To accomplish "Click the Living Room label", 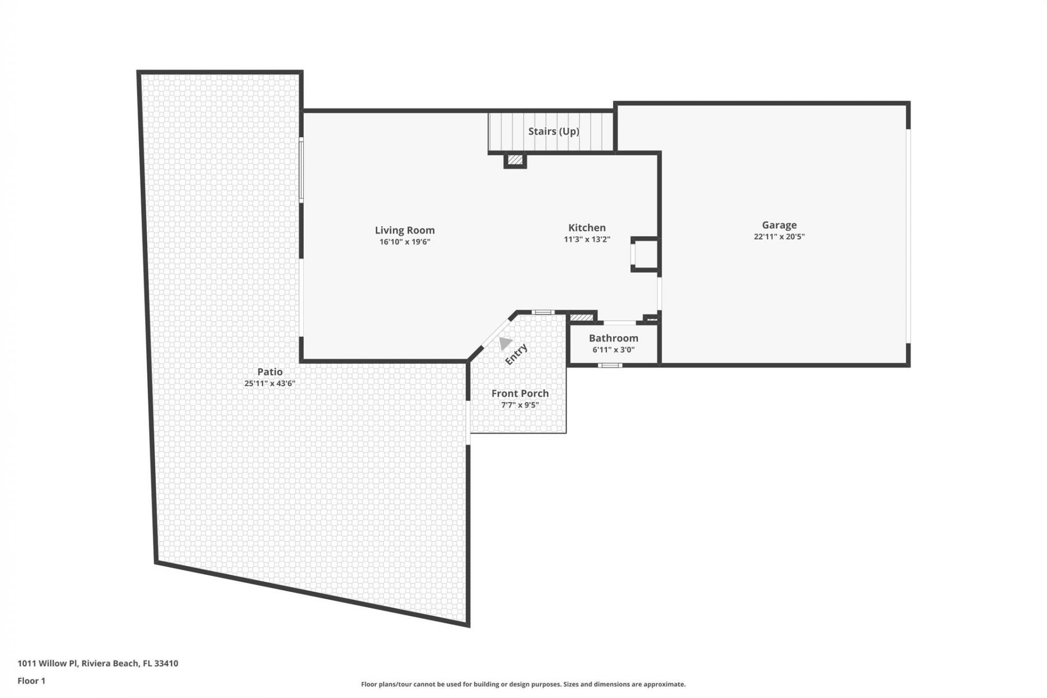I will point(405,230).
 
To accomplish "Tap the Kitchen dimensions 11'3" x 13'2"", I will point(587,239).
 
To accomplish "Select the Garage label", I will point(779,225).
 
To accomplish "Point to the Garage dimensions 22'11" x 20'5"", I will point(779,237).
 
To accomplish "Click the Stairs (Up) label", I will point(553,131).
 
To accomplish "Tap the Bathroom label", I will point(613,338).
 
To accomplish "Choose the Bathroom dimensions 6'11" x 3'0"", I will point(613,350).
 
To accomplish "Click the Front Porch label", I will point(520,393).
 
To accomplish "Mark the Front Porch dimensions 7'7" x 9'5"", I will point(520,405).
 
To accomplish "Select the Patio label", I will point(270,371).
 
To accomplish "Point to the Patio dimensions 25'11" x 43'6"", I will point(270,383).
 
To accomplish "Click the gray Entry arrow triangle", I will point(505,343).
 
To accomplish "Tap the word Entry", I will point(516,354).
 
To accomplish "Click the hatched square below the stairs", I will point(515,160).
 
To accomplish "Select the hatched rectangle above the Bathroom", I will point(581,317).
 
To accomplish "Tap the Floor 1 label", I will point(32,681).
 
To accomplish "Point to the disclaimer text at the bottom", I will point(523,684).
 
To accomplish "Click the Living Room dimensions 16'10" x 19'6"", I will point(405,242).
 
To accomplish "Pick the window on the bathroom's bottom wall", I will point(610,365).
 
